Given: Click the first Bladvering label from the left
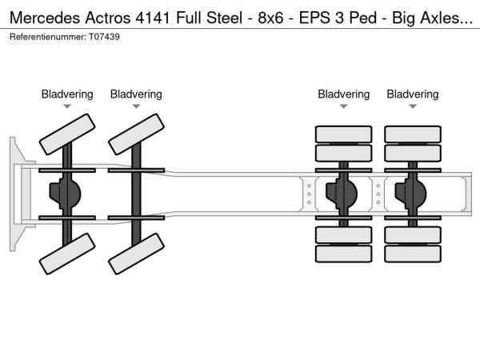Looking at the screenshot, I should [x=67, y=94].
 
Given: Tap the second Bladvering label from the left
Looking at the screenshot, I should [x=136, y=94].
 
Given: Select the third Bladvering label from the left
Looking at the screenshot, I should [x=344, y=94].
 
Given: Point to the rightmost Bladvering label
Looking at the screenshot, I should [x=413, y=94].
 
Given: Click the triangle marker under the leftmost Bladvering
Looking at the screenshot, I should [x=67, y=106].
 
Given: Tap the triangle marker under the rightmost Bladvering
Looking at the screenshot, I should [x=413, y=106].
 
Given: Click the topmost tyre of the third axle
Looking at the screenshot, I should [x=344, y=134].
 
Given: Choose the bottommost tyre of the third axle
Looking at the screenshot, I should [x=344, y=254].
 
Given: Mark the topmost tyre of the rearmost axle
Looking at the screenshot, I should [x=413, y=134].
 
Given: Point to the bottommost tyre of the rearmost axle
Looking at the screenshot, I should [x=413, y=254].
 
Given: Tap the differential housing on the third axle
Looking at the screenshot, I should [x=346, y=194].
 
